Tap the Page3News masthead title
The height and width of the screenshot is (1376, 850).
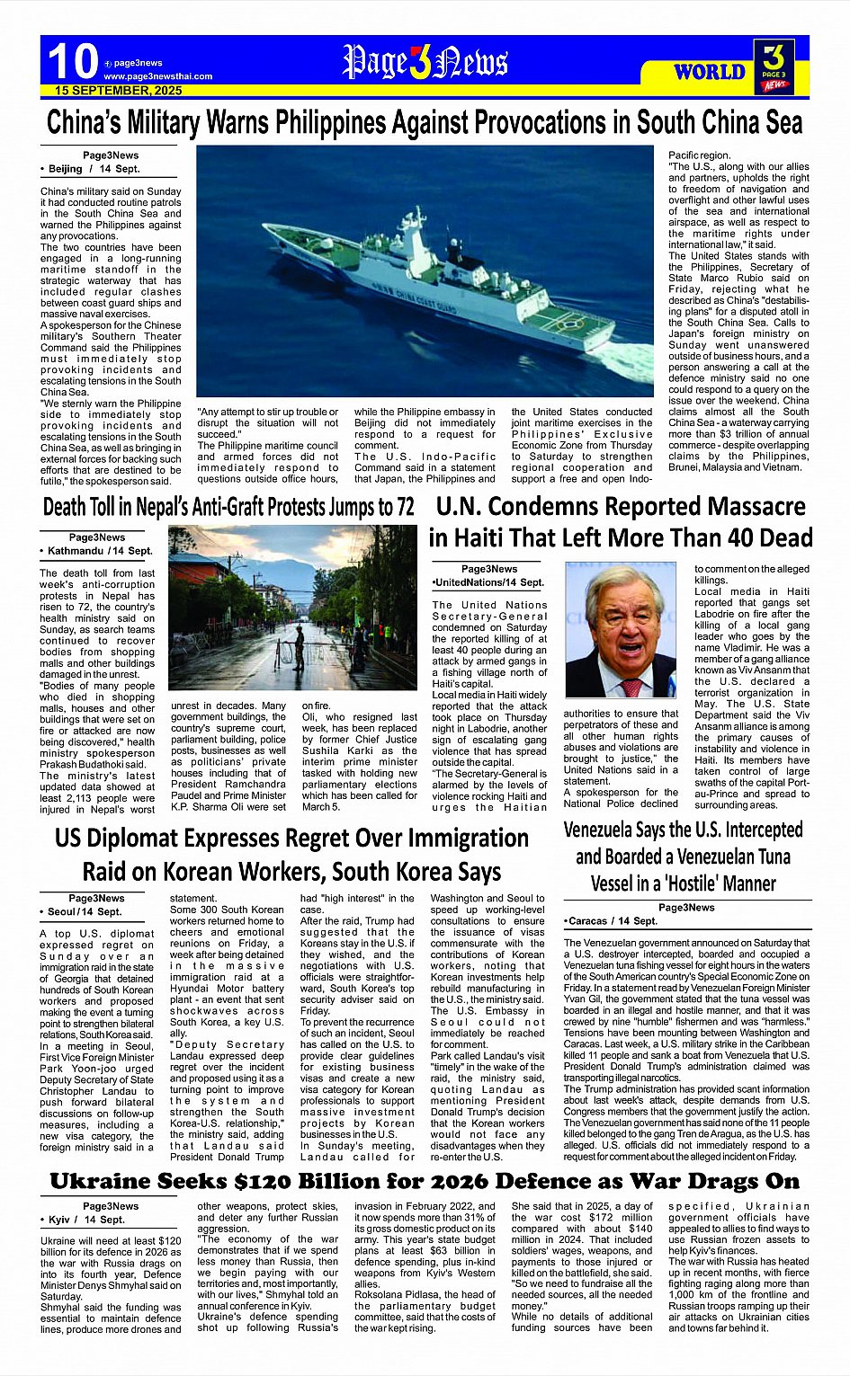[x=425, y=62]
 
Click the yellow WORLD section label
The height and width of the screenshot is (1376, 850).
[x=710, y=72]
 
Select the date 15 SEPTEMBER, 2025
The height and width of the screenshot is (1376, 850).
[x=118, y=91]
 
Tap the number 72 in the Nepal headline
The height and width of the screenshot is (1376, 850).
[x=405, y=508]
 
